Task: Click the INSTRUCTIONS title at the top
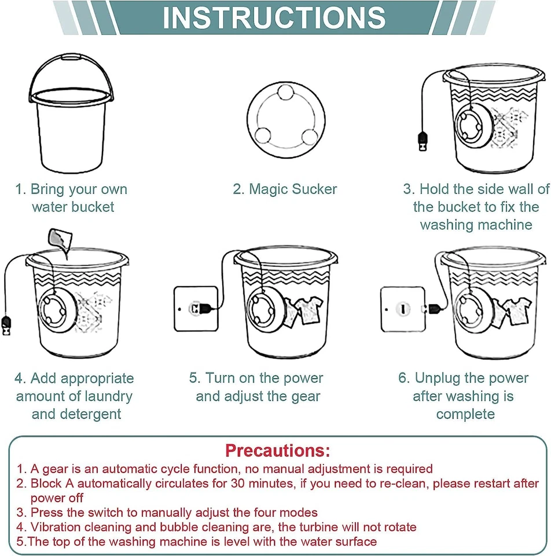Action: click(274, 17)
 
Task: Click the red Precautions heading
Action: click(277, 450)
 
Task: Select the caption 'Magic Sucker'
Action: click(285, 189)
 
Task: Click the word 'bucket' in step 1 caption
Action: click(93, 207)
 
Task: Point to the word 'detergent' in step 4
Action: click(93, 414)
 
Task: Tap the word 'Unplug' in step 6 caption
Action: click(438, 378)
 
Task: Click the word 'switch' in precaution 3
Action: click(112, 513)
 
